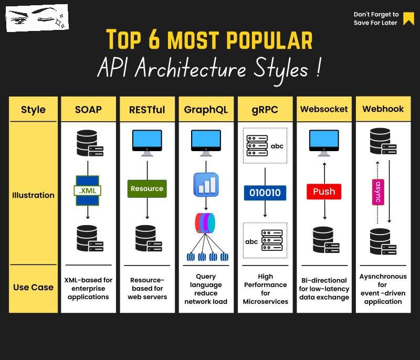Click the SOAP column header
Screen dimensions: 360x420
point(88,110)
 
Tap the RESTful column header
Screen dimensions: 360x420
point(147,110)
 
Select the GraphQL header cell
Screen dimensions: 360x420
point(206,110)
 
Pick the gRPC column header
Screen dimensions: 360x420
point(265,110)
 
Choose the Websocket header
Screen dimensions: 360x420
point(324,109)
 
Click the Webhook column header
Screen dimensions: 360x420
point(383,109)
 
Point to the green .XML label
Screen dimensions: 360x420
point(88,190)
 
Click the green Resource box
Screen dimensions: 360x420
point(147,188)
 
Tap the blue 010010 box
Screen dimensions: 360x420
point(265,193)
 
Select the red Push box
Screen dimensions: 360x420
point(324,192)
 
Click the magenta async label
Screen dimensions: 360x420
point(377,193)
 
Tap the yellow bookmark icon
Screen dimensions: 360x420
point(408,18)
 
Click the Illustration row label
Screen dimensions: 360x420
point(33,195)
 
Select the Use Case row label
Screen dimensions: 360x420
point(33,287)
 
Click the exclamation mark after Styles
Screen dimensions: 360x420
point(319,69)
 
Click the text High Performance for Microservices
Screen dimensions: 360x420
point(265,289)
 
